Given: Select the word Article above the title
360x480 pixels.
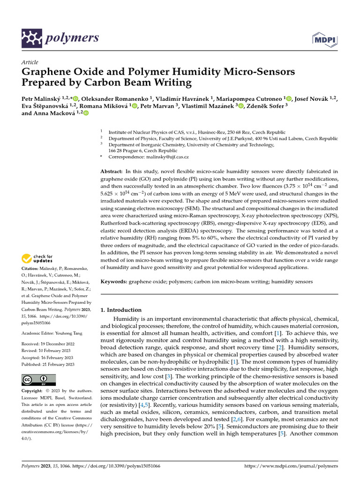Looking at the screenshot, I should tap(30, 62).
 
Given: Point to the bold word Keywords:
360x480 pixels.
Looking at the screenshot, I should tap(114, 282).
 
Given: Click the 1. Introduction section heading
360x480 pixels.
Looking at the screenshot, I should tap(121, 310).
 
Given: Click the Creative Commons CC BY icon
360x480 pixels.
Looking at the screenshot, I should tap(38, 380).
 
